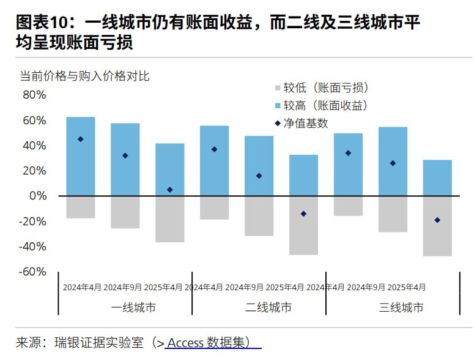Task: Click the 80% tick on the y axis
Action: click(x=34, y=95)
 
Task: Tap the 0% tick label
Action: click(x=37, y=196)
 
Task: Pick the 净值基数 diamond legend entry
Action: click(x=304, y=123)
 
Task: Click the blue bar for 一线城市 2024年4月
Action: click(x=81, y=156)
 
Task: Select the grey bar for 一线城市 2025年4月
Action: click(x=170, y=219)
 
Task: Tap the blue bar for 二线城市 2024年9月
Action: click(x=259, y=165)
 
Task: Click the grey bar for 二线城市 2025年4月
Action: click(x=304, y=225)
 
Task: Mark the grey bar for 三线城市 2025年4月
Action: click(x=437, y=225)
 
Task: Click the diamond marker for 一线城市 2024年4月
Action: click(x=81, y=139)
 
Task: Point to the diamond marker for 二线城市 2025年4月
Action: click(x=304, y=214)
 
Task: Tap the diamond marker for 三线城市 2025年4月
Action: click(x=437, y=220)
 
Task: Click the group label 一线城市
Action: click(x=134, y=307)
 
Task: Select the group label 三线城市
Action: click(x=401, y=307)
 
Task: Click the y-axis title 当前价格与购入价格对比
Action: click(x=84, y=76)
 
